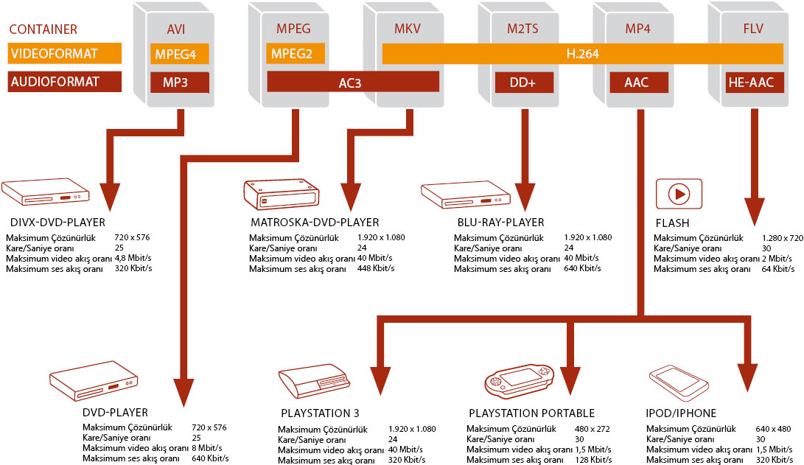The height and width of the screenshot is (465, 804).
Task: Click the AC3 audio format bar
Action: pyautogui.click(x=354, y=82)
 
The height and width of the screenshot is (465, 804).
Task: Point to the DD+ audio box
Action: pyautogui.click(x=522, y=82)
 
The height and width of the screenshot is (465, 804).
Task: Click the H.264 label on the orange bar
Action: pyautogui.click(x=581, y=54)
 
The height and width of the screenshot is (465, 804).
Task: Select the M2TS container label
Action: pyautogui.click(x=523, y=29)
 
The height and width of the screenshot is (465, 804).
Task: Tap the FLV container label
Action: pyautogui.click(x=751, y=29)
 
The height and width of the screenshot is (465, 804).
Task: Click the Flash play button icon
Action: pyautogui.click(x=679, y=194)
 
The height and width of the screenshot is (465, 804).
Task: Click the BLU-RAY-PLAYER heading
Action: pyautogui.click(x=500, y=222)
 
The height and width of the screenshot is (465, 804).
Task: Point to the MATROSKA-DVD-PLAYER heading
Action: pyautogui.click(x=315, y=222)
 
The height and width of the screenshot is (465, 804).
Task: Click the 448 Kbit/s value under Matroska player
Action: pyautogui.click(x=376, y=268)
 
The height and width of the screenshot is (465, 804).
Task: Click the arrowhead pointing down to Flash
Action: pyautogui.click(x=754, y=212)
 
